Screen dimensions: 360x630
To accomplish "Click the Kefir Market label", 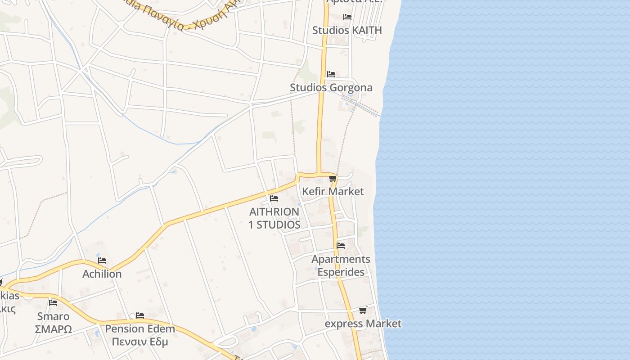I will [x=333, y=191].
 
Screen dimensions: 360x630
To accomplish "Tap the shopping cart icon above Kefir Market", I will [x=333, y=179].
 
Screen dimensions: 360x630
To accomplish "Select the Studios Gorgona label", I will [x=331, y=87].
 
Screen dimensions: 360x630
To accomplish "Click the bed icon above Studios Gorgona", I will [x=331, y=74].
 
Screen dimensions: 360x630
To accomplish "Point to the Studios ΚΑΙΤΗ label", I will [x=346, y=30].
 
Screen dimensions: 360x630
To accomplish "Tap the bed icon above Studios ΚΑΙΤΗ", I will [x=347, y=17].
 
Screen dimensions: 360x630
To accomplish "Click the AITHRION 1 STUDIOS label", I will [x=274, y=218].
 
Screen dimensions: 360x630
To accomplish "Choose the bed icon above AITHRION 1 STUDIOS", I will [x=274, y=198].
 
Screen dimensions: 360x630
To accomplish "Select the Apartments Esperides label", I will [x=341, y=265].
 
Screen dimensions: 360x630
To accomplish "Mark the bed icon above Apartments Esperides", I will [x=341, y=246].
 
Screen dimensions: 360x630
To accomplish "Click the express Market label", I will [x=363, y=324].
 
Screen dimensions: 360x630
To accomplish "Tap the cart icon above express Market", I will [x=363, y=310].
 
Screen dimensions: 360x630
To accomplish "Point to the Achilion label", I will [x=102, y=274].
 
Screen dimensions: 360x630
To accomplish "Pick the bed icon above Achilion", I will [x=102, y=261].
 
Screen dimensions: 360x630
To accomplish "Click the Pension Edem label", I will [x=139, y=328].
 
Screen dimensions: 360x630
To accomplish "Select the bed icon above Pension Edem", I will [x=140, y=315].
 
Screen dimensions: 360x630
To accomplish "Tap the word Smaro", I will [x=53, y=316].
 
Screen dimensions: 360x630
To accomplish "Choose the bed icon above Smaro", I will [x=53, y=302].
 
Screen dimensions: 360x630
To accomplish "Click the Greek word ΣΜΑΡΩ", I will [x=53, y=329].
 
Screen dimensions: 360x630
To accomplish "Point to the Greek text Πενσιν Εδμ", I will [x=139, y=342].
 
